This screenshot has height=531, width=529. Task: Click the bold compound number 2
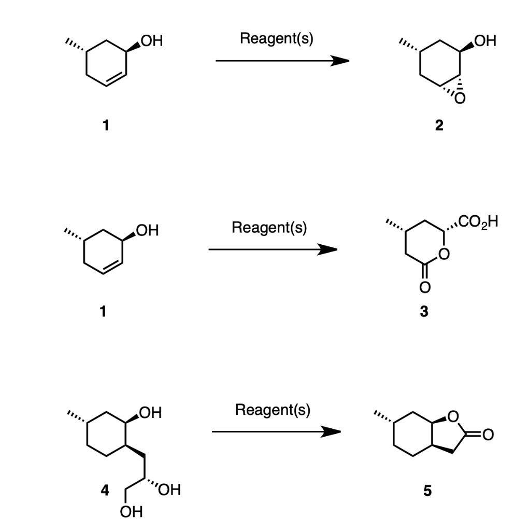click(x=439, y=125)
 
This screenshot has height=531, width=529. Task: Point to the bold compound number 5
click(x=426, y=491)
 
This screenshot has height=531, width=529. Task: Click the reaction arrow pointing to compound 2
click(x=282, y=61)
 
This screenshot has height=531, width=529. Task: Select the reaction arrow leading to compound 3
click(x=273, y=250)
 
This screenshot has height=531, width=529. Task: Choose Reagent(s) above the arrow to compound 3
click(x=269, y=228)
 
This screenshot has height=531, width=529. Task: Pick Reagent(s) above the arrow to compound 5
click(x=273, y=410)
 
